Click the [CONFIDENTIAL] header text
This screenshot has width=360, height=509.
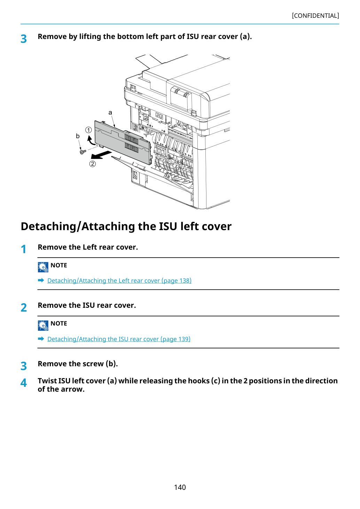click(315, 16)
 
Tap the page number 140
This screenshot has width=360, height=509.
click(180, 487)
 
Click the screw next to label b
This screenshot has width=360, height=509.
click(83, 151)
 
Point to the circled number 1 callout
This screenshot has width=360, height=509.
click(88, 130)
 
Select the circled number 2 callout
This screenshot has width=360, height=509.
click(92, 164)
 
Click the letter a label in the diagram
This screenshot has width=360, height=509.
click(110, 112)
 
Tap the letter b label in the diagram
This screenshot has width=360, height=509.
click(78, 136)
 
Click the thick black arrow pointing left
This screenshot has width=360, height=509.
click(101, 155)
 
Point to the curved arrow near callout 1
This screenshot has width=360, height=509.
click(91, 141)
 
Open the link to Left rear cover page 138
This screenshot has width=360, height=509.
click(119, 281)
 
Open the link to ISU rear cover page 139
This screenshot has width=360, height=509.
click(119, 339)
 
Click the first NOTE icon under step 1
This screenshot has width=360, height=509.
click(43, 267)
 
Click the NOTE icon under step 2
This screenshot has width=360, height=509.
click(43, 326)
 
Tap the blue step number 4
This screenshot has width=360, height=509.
click(24, 383)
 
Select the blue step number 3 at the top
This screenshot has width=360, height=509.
click(24, 39)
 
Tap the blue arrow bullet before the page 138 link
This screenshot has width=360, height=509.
click(41, 280)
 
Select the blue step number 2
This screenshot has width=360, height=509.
click(24, 308)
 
